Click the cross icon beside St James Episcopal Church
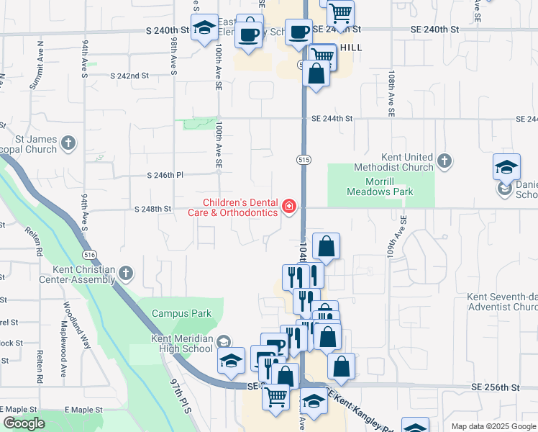coord(68,142)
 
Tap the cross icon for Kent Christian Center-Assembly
coord(126,274)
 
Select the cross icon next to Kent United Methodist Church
coord(444,161)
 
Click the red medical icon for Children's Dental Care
coord(289,207)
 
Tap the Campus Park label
coord(181,313)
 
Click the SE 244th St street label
coord(332,118)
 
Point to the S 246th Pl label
coord(165,175)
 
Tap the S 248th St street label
coord(152,209)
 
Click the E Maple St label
coord(83,409)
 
